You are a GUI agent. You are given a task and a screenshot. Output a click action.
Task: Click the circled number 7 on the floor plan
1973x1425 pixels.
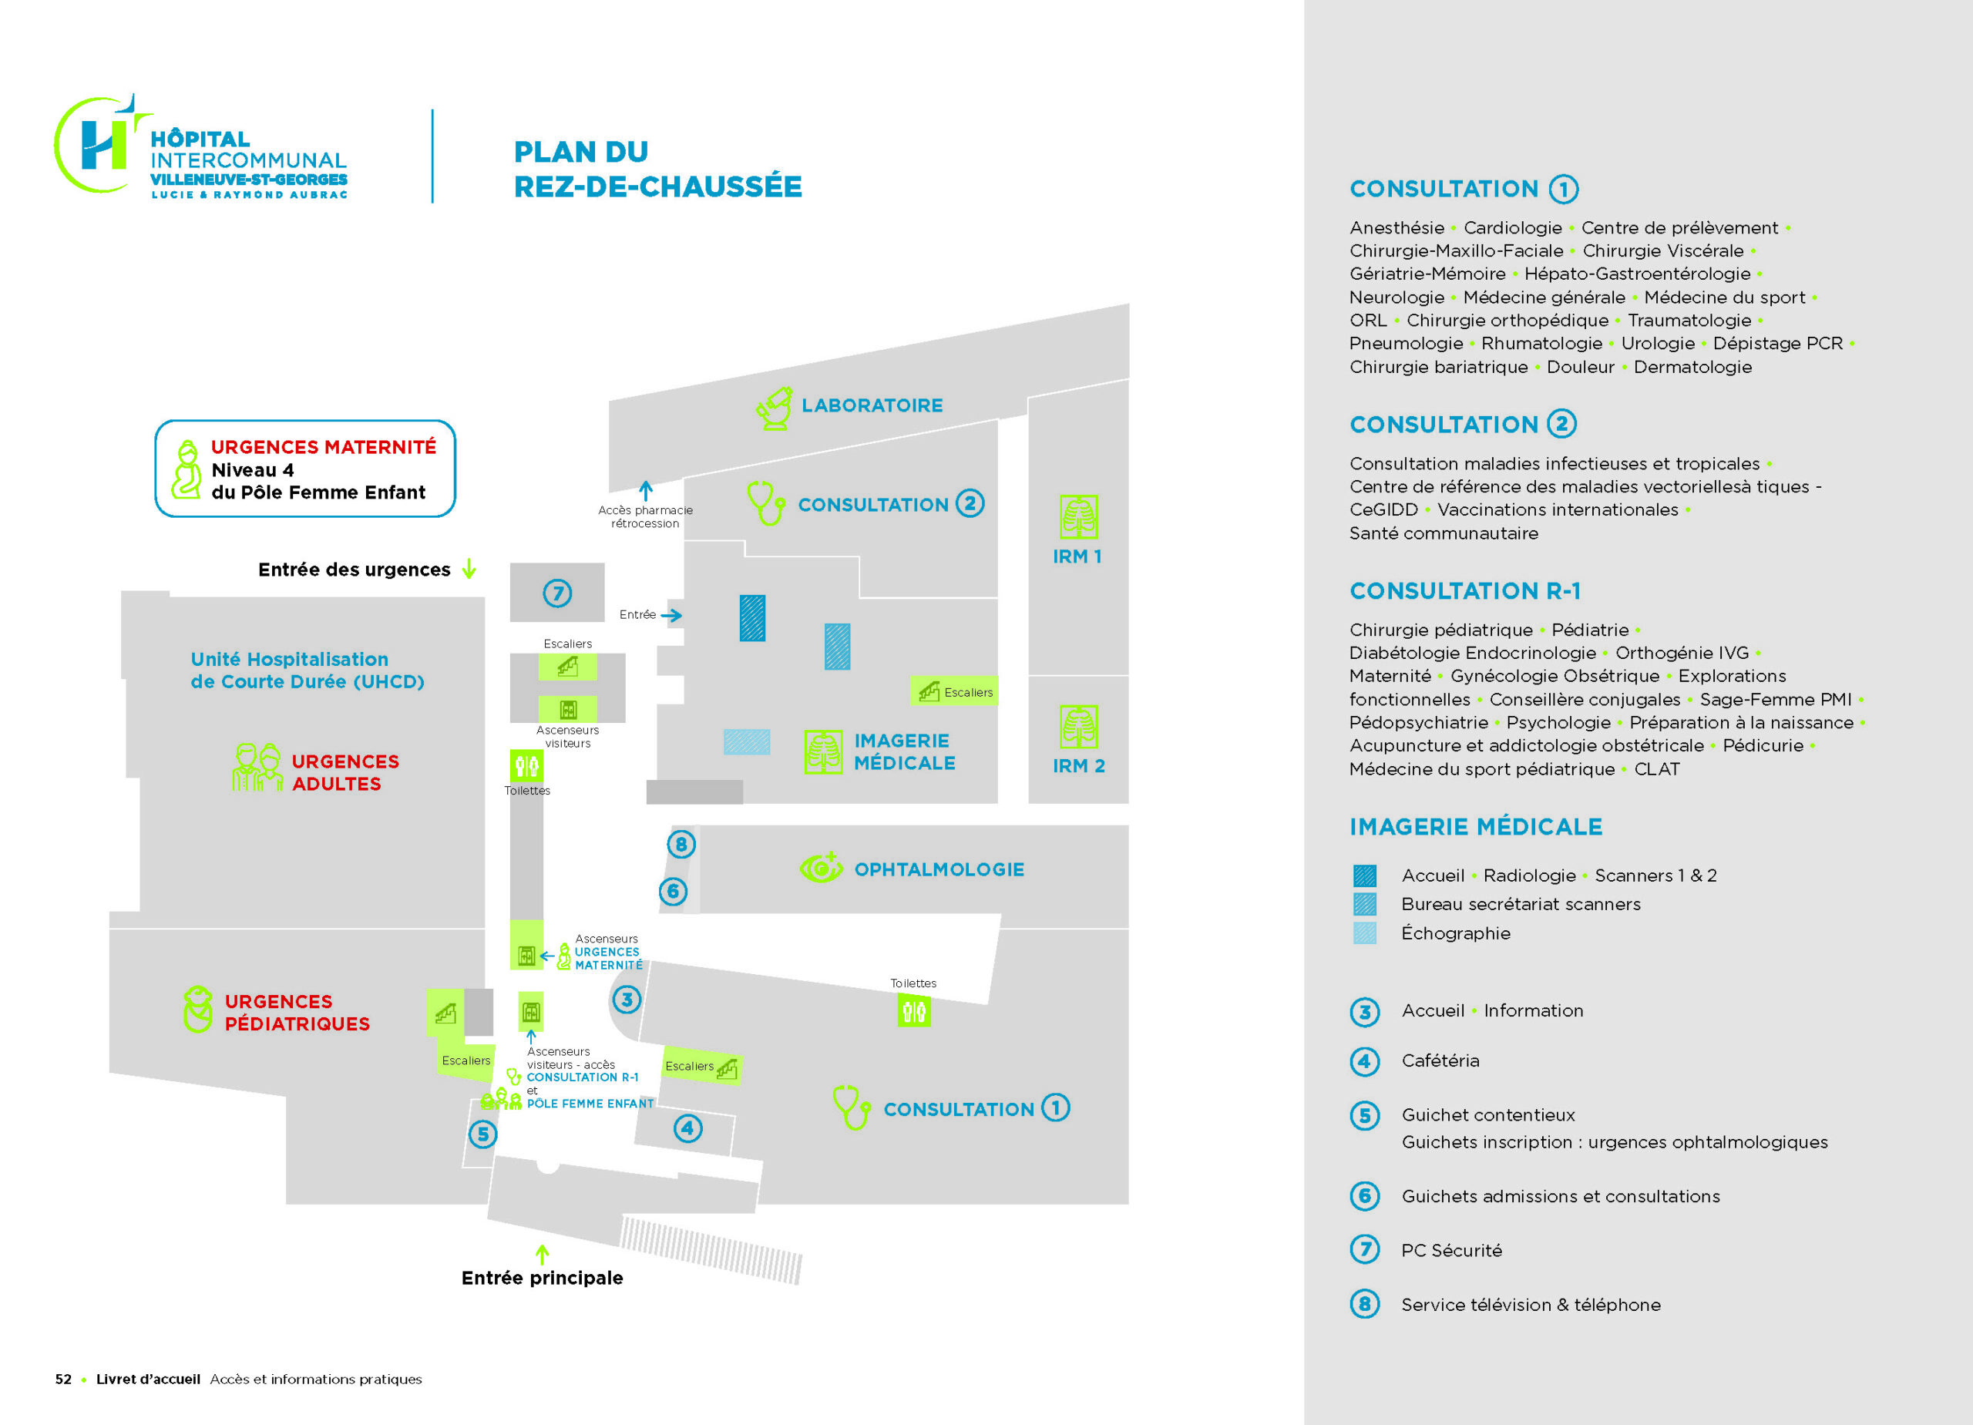[558, 593]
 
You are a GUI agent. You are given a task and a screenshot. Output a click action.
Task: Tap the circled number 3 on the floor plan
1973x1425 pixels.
[627, 1000]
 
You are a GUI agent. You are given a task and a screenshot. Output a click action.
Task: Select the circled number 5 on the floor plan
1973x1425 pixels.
[482, 1134]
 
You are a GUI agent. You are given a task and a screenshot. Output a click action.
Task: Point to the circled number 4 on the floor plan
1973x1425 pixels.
[688, 1128]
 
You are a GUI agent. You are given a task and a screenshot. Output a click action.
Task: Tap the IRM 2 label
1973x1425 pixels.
[1079, 766]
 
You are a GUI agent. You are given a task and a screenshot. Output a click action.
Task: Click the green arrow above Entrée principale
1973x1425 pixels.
[542, 1254]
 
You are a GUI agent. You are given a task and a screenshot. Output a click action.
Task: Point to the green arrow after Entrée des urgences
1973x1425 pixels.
[469, 569]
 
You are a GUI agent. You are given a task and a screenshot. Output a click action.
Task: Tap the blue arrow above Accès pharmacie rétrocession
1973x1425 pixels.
[646, 491]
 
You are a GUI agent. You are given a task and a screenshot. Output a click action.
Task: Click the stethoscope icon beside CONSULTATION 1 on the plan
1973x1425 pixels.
[851, 1107]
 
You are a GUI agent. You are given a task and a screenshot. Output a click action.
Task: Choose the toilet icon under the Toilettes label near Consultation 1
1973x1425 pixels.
[913, 1011]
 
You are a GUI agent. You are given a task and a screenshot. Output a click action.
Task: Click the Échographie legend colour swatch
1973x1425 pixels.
[1365, 933]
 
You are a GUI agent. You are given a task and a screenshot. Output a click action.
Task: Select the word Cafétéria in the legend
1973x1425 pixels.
[1440, 1060]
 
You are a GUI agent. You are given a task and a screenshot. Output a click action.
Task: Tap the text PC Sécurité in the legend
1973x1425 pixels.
[1451, 1250]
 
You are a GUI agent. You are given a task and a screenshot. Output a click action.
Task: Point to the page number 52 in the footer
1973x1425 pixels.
[63, 1379]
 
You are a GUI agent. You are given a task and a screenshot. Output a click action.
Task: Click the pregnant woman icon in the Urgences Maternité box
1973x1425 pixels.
[187, 470]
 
